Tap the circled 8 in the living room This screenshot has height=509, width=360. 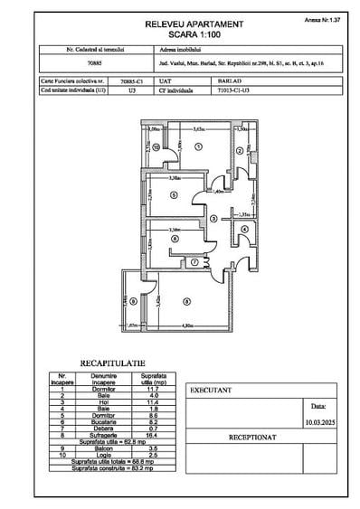click(186, 302)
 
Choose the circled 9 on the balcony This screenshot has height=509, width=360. click(131, 302)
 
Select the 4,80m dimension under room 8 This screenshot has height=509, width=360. click(187, 325)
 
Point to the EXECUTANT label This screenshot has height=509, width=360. click(210, 391)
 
